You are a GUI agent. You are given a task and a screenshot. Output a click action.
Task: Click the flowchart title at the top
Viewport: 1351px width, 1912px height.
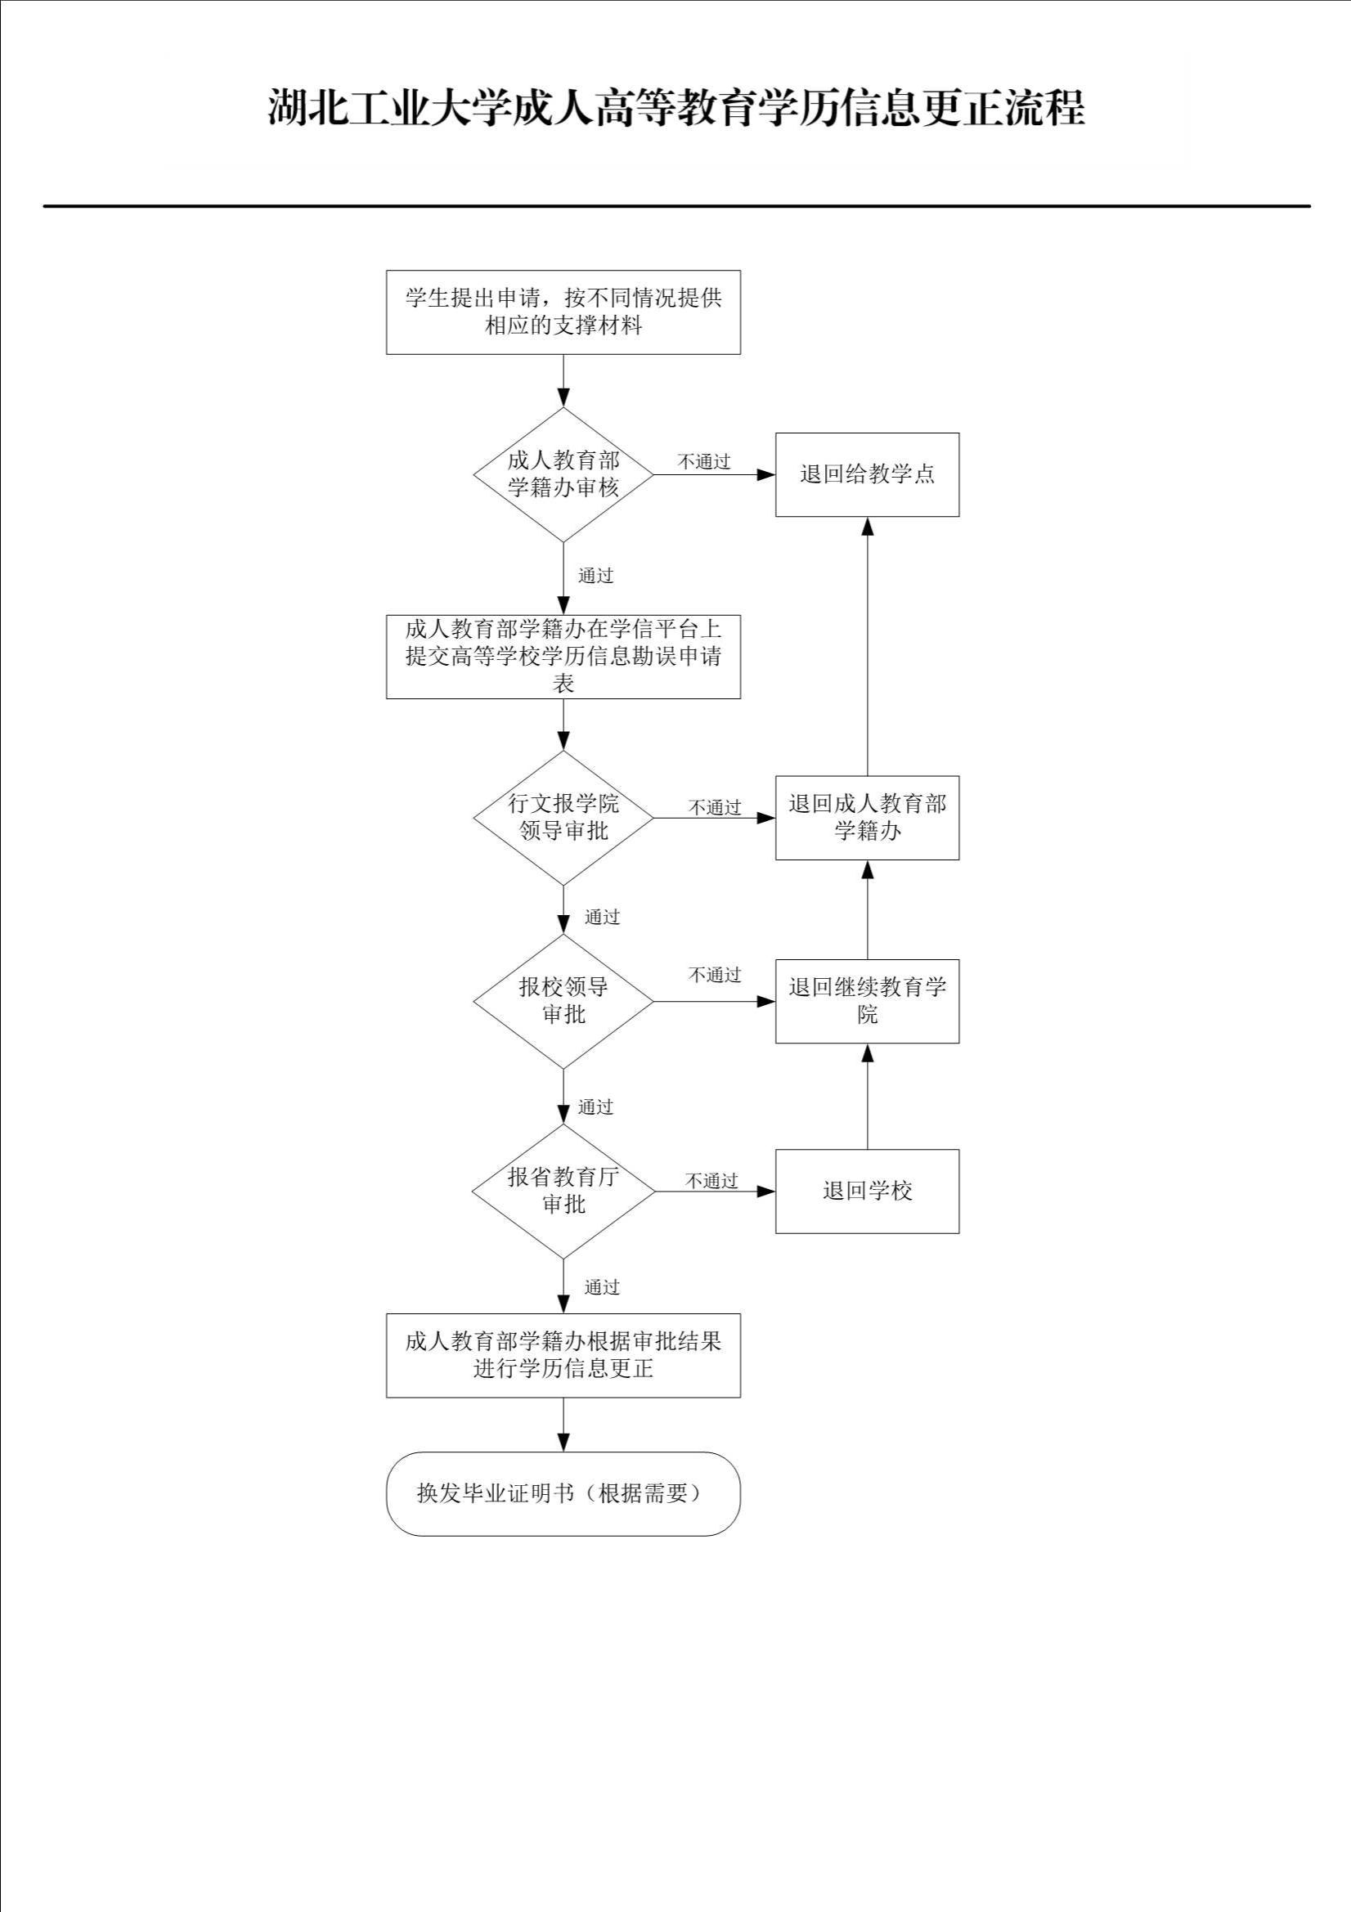(675, 108)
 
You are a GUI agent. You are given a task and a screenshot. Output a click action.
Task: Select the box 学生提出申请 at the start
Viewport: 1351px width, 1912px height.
(563, 312)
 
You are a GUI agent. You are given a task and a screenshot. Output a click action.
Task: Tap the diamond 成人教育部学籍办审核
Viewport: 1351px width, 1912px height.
(563, 474)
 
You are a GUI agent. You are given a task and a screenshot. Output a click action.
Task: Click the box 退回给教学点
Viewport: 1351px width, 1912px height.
(867, 474)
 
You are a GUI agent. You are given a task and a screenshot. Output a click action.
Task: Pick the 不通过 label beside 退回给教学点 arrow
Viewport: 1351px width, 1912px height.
(704, 461)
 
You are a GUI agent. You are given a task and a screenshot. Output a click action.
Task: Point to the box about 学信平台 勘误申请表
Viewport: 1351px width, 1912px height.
(563, 656)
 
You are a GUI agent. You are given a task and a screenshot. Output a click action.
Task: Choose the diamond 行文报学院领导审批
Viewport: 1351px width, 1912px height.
(563, 818)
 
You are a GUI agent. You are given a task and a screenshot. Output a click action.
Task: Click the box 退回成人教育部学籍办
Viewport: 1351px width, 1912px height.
(867, 818)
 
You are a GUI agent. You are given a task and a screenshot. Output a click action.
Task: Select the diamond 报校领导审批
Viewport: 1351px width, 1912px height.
(563, 1001)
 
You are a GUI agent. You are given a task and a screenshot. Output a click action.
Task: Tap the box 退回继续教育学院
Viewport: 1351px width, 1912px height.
(867, 1001)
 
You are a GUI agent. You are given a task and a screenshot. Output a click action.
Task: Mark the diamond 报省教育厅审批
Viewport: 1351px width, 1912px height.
(563, 1191)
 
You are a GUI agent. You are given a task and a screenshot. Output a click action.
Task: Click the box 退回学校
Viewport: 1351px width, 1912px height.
(867, 1191)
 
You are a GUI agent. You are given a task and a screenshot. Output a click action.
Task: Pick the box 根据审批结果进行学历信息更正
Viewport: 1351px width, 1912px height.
(563, 1355)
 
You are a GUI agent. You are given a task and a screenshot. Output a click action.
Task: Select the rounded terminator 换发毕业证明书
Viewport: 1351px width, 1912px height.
(563, 1493)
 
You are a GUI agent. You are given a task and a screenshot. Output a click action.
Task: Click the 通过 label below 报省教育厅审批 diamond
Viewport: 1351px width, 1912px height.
(601, 1287)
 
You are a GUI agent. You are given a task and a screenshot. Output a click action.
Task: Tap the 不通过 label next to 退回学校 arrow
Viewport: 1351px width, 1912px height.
(711, 1181)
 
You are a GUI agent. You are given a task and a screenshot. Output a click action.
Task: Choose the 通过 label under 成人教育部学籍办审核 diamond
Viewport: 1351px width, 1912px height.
(595, 576)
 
